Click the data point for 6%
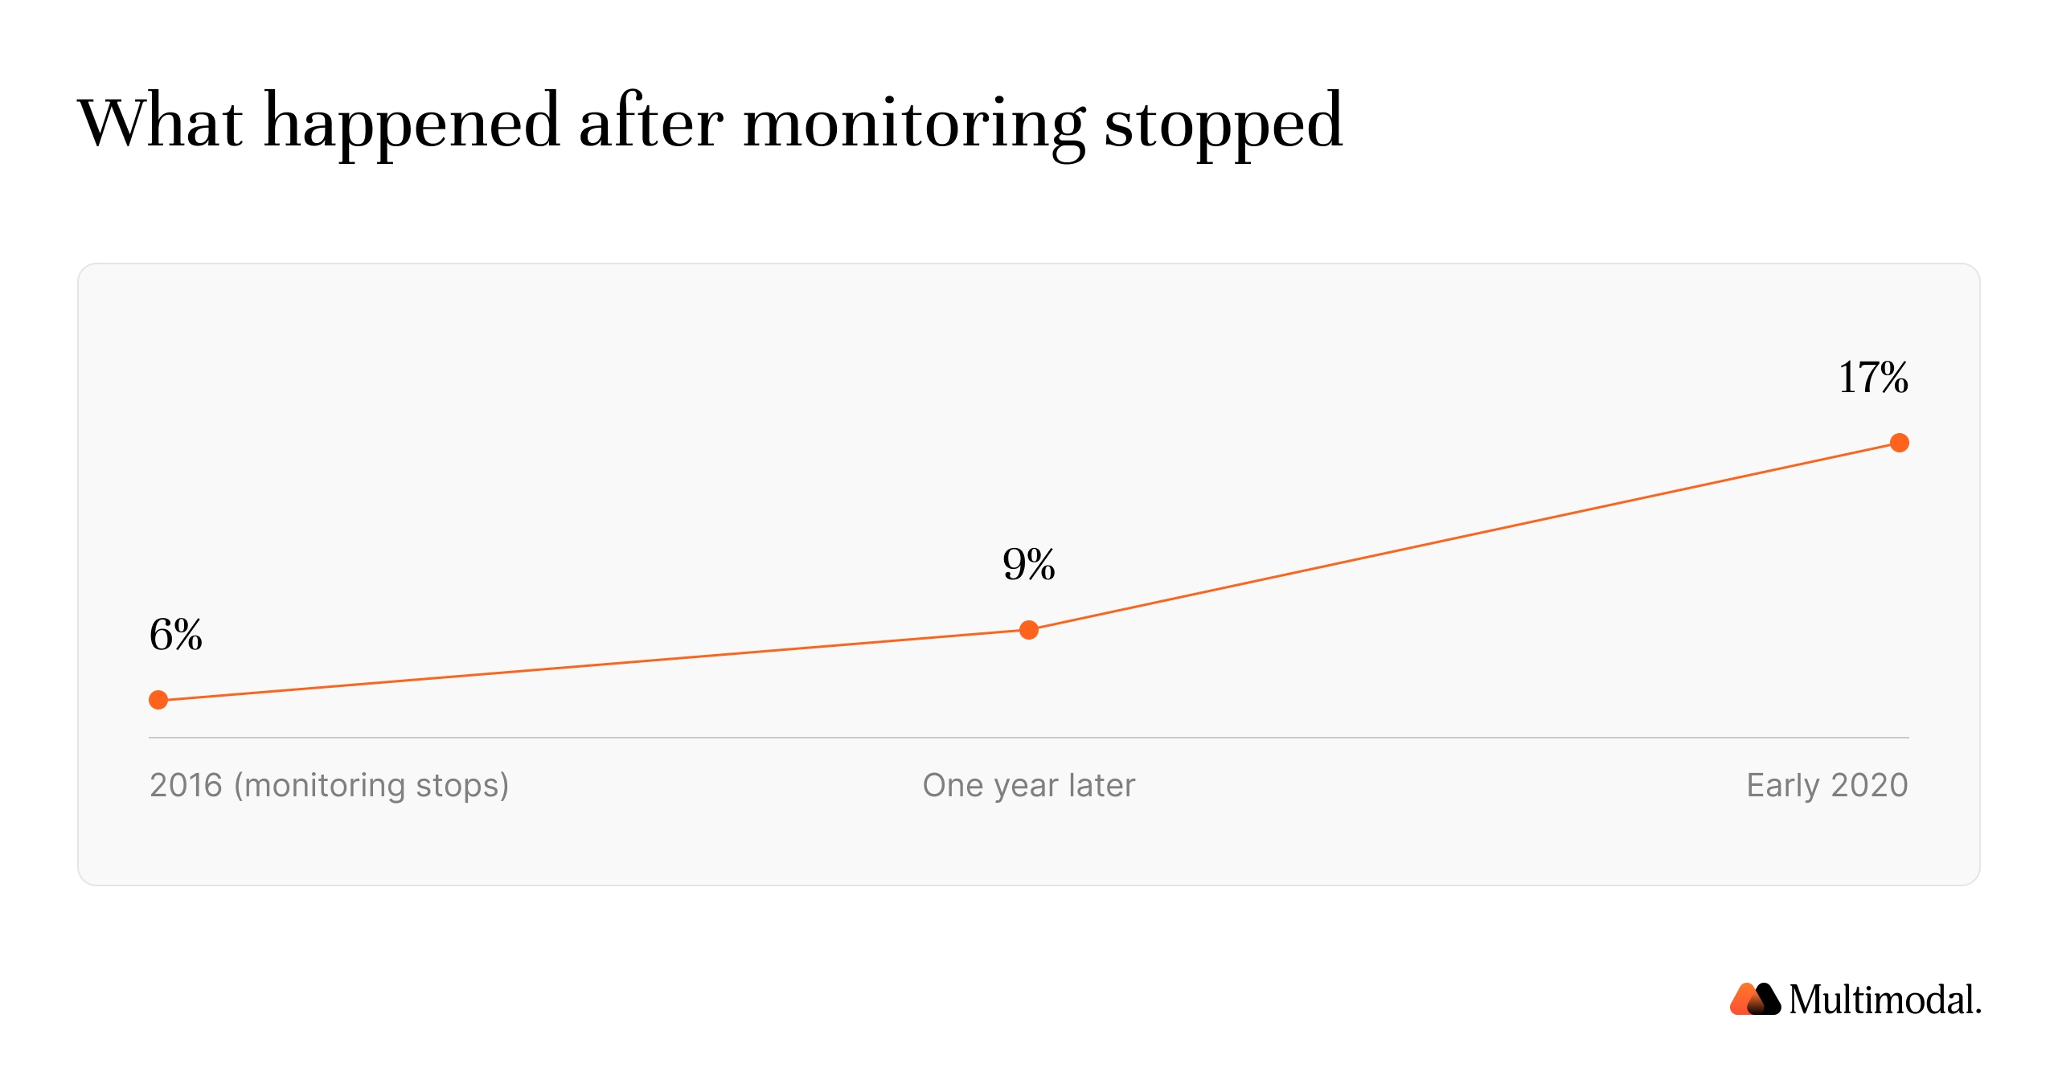[x=158, y=700]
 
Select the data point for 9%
[x=1029, y=630]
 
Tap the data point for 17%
[x=1900, y=443]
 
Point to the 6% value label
[x=176, y=635]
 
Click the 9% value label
[x=1029, y=564]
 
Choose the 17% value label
[x=1873, y=378]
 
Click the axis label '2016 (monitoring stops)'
[x=330, y=785]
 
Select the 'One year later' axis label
[x=1029, y=785]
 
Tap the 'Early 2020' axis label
[x=1827, y=785]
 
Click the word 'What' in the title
[x=160, y=121]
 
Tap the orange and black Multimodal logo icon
[x=1755, y=999]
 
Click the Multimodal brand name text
[x=1885, y=1000]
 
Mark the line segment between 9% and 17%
[x=1464, y=537]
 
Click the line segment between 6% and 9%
[x=593, y=665]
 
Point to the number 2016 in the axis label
[x=186, y=785]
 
